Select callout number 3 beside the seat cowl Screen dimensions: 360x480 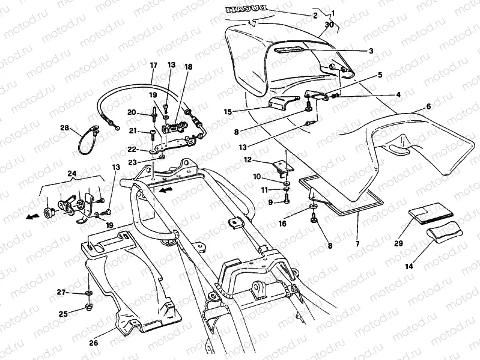pos(371,52)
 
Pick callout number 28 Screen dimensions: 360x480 pos(64,128)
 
